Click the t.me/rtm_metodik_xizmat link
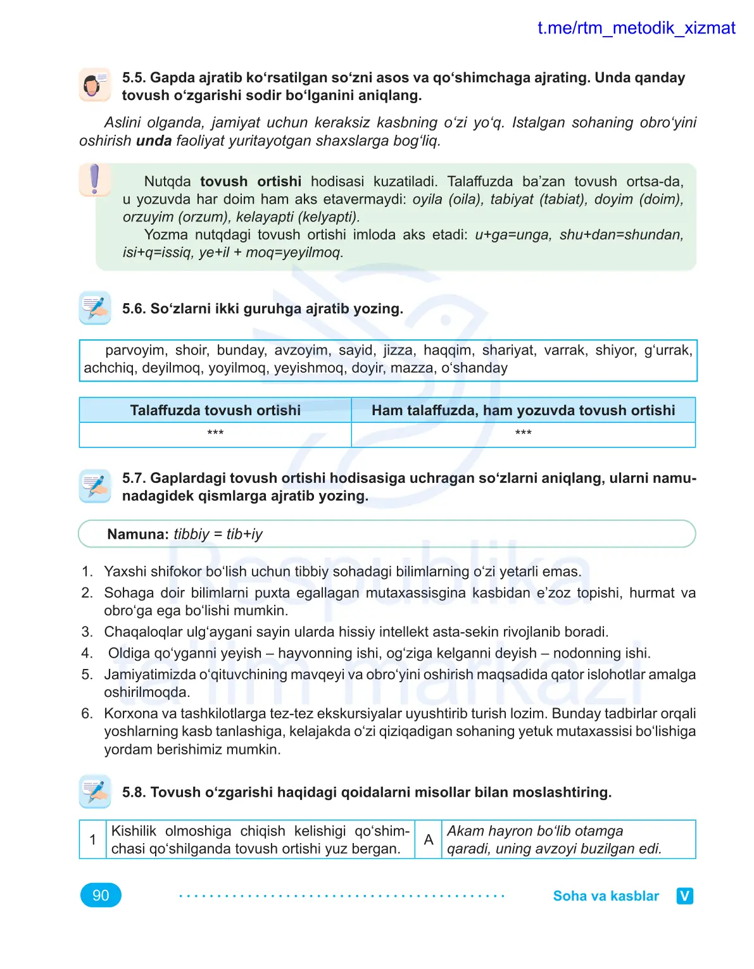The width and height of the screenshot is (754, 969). (636, 28)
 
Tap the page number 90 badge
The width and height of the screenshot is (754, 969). (101, 895)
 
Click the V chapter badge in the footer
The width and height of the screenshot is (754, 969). (684, 896)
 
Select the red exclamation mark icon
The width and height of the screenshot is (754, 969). (95, 179)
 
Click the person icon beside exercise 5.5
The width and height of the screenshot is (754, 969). (95, 85)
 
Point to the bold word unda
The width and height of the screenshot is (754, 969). (154, 141)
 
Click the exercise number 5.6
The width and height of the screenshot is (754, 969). (134, 309)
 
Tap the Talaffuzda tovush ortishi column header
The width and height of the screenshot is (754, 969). (215, 410)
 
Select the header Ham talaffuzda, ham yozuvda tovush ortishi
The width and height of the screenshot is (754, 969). (523, 410)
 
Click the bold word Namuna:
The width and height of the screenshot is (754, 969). (138, 534)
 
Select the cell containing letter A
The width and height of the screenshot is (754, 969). (429, 839)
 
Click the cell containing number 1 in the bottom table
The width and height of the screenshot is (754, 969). (92, 839)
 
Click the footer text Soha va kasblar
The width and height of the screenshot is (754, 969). (606, 896)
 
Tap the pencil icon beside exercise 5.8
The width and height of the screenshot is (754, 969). (95, 791)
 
